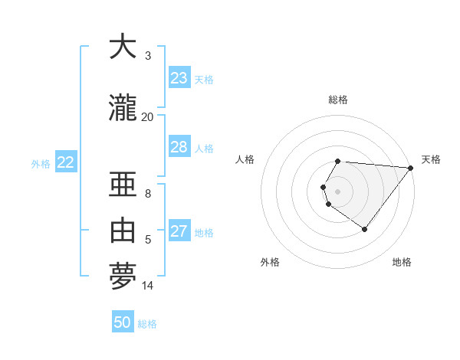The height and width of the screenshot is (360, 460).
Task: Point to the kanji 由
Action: click(x=123, y=229)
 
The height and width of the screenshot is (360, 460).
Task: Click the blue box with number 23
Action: click(x=179, y=78)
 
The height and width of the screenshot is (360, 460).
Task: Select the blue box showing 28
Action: click(x=179, y=147)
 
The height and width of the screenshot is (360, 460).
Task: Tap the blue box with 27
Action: click(x=179, y=231)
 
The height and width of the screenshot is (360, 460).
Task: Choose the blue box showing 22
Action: click(x=66, y=162)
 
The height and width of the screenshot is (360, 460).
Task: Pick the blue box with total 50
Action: click(x=123, y=322)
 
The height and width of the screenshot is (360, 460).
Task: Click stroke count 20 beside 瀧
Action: click(x=147, y=116)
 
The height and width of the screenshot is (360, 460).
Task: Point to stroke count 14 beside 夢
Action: click(x=148, y=286)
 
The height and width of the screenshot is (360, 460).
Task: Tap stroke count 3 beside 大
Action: click(x=148, y=55)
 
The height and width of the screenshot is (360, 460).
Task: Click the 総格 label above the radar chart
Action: click(x=338, y=100)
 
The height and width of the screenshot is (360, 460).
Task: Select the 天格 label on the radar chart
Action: click(x=431, y=159)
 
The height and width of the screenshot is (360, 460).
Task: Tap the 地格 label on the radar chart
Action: click(x=402, y=262)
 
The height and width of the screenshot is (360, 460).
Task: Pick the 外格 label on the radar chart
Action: click(x=270, y=262)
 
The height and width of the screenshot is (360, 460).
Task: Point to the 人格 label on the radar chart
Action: click(x=245, y=159)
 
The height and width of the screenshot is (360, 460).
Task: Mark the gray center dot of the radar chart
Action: click(x=338, y=191)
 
